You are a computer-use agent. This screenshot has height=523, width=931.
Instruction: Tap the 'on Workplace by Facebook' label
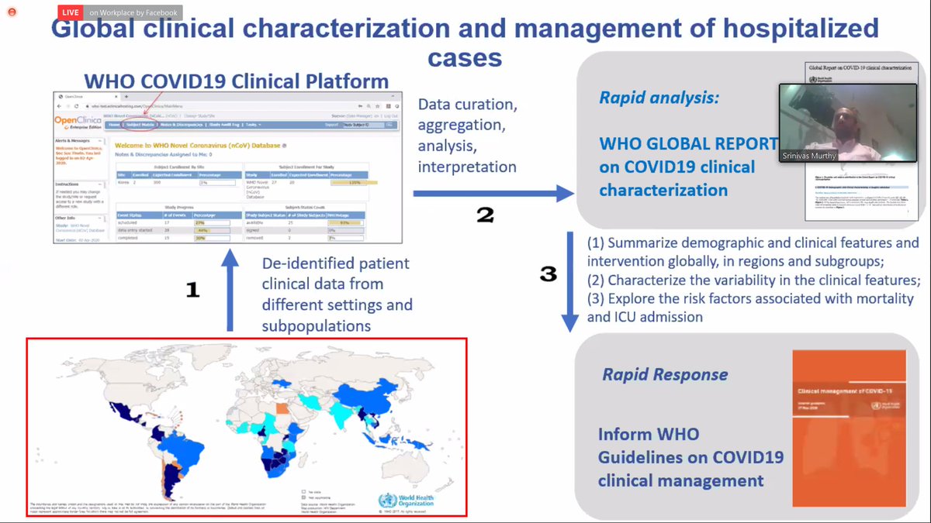[x=133, y=12]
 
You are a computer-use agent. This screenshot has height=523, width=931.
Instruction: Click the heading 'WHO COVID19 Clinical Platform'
[x=237, y=81]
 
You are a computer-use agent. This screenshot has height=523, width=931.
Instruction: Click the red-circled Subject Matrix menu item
[x=140, y=125]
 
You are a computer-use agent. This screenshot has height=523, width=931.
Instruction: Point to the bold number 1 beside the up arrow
[x=193, y=290]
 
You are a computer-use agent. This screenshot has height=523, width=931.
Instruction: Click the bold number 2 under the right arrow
[x=484, y=215]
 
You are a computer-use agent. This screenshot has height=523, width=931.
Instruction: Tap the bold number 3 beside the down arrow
[x=548, y=274]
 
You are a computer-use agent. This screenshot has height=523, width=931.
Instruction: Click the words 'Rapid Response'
[x=665, y=375]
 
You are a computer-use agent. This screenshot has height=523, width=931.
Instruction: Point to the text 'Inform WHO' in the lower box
[x=648, y=434]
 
